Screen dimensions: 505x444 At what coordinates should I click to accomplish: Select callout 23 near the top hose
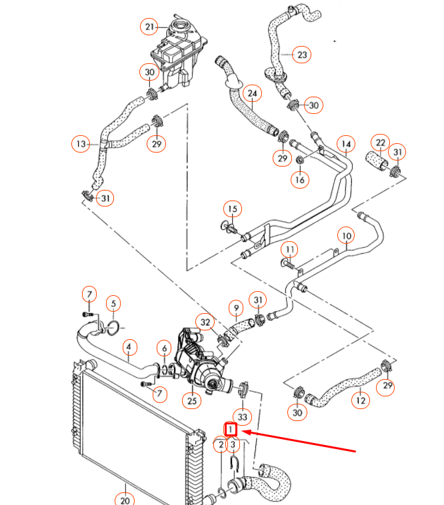(x=302, y=55)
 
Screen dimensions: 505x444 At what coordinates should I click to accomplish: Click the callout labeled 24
(x=252, y=93)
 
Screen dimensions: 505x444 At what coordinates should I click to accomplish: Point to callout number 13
(x=81, y=143)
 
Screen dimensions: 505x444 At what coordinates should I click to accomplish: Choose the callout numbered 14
(x=345, y=143)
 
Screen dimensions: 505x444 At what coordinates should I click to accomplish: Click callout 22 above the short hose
(x=381, y=143)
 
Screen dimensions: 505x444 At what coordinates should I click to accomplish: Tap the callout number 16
(x=299, y=179)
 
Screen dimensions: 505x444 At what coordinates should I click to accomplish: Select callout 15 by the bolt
(x=231, y=209)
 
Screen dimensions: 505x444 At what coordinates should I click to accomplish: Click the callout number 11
(x=289, y=250)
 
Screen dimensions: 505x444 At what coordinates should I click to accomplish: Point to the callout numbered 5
(x=113, y=304)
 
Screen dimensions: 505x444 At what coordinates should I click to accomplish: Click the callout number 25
(x=193, y=401)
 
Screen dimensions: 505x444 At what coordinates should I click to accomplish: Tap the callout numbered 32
(x=205, y=322)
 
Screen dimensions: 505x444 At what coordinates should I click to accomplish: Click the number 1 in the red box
(x=231, y=430)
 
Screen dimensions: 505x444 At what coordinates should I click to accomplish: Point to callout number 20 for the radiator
(x=125, y=497)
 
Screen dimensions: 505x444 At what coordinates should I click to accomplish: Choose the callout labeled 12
(x=361, y=400)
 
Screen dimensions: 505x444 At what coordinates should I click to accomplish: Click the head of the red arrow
(x=243, y=432)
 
